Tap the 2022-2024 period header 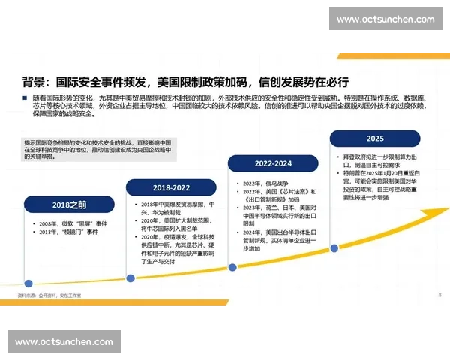tap(273, 163)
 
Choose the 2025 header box tap(374, 139)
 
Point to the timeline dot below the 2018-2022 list tap(130, 278)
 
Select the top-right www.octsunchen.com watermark tap(385, 19)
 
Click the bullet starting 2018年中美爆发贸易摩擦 tap(175, 208)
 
